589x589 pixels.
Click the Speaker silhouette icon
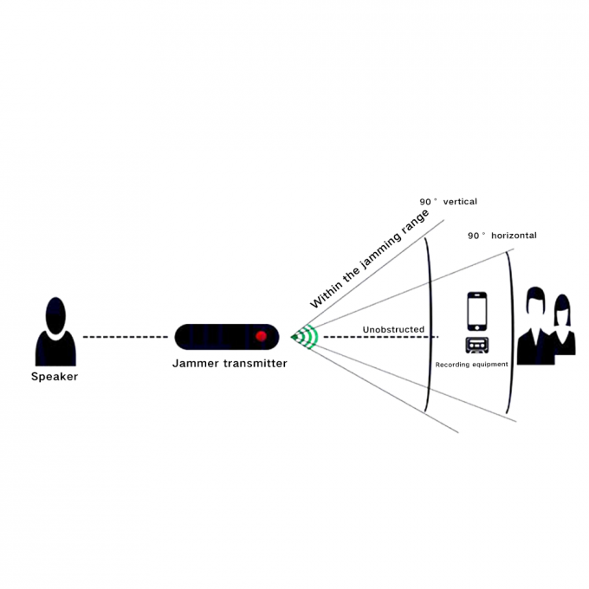[55, 333]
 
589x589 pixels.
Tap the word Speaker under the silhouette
[54, 376]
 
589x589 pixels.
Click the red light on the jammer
[260, 335]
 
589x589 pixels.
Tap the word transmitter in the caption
[255, 363]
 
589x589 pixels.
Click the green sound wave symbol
[305, 335]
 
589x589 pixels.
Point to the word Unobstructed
[393, 329]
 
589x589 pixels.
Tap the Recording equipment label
[472, 365]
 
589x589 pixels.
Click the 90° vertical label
[448, 202]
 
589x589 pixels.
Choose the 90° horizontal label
[502, 236]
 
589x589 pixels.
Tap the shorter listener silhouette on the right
[564, 325]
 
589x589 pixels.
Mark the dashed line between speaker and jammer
[126, 336]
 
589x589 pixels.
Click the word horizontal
[514, 236]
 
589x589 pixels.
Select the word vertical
[460, 202]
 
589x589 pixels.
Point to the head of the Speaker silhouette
[55, 314]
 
